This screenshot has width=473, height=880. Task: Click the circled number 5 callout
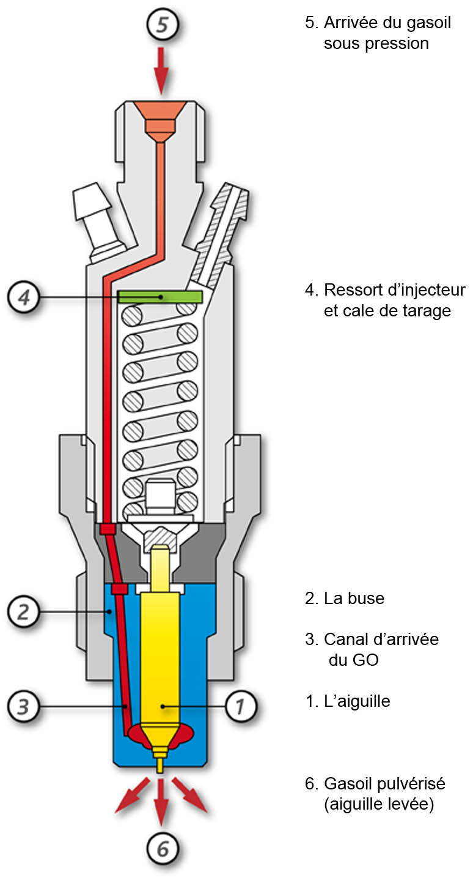click(161, 25)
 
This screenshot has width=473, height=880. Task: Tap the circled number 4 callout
click(23, 297)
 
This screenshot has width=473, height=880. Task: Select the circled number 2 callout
click(23, 611)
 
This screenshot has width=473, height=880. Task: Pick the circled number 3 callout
click(23, 707)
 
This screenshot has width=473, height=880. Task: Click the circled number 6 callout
click(162, 849)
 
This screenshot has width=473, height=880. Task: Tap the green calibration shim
click(160, 297)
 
